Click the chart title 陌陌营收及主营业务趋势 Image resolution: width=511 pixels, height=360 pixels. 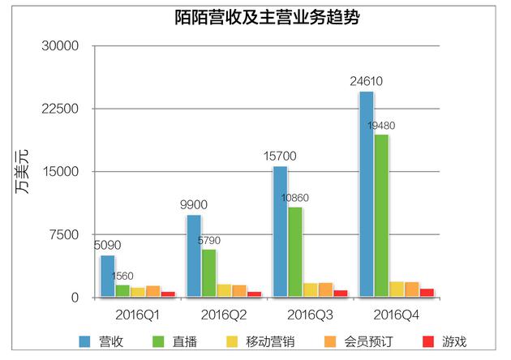(255, 18)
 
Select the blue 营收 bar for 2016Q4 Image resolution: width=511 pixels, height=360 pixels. (367, 195)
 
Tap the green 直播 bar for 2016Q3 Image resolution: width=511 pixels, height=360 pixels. (295, 252)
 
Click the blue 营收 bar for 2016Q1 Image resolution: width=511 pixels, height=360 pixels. (108, 276)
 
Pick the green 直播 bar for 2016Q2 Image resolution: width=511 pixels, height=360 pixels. (208, 273)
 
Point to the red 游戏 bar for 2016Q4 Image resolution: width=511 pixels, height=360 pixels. (427, 293)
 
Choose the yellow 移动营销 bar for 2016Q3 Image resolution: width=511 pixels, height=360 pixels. (311, 290)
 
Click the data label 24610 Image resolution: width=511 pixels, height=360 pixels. (367, 81)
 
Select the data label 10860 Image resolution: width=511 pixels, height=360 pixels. (295, 198)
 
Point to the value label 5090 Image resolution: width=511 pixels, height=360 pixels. (107, 244)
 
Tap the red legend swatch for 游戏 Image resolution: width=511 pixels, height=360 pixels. (426, 341)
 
